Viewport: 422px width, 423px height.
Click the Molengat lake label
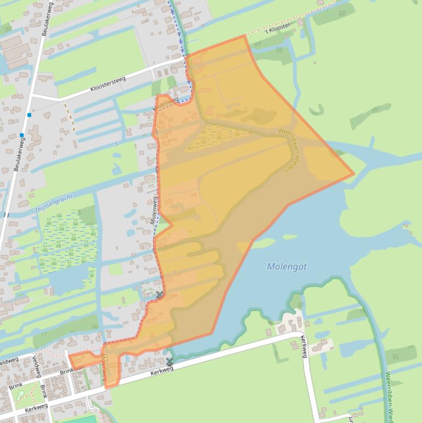pos(286,266)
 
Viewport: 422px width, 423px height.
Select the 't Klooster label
pos(278,28)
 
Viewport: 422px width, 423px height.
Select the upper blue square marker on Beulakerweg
pos(29,115)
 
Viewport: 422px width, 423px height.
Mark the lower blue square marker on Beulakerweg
pos(22,135)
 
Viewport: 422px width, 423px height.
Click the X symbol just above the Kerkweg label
pos(170,361)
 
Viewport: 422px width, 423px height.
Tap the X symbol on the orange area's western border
pos(159,296)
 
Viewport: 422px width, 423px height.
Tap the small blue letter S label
pos(116,144)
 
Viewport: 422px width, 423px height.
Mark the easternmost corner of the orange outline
pos(354,175)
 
